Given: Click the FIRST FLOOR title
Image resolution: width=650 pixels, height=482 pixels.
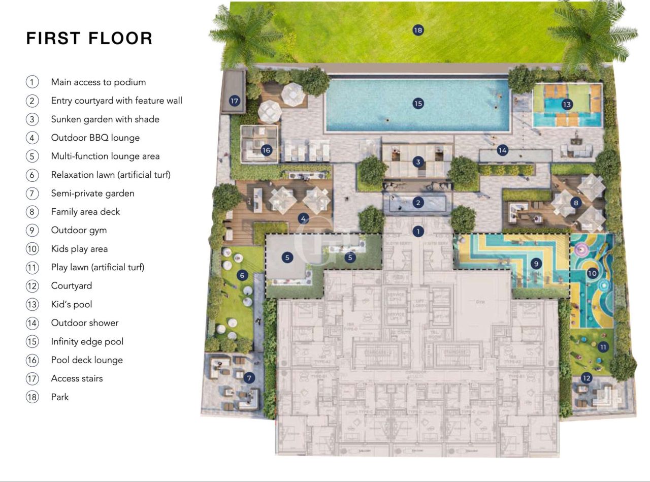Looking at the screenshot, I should [89, 39].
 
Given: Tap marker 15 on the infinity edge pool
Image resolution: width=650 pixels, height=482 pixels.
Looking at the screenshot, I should [418, 104].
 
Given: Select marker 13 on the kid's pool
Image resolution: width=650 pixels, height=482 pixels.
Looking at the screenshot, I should [567, 105].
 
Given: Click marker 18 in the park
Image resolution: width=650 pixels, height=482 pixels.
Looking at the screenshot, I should [418, 30].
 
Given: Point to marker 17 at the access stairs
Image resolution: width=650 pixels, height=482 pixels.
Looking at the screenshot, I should [234, 101].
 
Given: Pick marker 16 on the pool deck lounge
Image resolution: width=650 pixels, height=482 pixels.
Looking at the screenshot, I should [267, 150].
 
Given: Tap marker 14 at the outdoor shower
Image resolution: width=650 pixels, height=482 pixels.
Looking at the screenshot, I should [502, 150].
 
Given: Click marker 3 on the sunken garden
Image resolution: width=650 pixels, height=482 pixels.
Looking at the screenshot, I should [418, 162].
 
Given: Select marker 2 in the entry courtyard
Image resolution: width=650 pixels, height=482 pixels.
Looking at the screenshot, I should [418, 203].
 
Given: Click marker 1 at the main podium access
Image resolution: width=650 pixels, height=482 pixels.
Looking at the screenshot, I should [418, 232].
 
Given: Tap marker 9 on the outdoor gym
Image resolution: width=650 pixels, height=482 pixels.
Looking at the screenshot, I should [538, 264].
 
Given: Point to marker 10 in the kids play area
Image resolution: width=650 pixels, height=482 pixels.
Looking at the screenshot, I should [592, 273].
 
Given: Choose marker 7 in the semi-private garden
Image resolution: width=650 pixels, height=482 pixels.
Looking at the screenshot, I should [249, 378].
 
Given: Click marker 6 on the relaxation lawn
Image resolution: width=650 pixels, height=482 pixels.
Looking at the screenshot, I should [242, 275].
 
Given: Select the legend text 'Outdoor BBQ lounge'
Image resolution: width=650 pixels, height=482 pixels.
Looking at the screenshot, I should [95, 138].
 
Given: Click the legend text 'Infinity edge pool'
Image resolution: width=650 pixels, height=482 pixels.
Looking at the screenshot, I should [87, 341].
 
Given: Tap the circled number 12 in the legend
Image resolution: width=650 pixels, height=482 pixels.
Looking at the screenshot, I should [32, 286].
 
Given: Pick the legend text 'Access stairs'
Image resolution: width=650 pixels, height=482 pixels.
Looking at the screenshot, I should [77, 378].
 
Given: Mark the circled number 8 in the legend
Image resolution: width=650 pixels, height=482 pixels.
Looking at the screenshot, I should [32, 212].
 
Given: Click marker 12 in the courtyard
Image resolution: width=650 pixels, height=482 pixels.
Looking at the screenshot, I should [587, 378].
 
